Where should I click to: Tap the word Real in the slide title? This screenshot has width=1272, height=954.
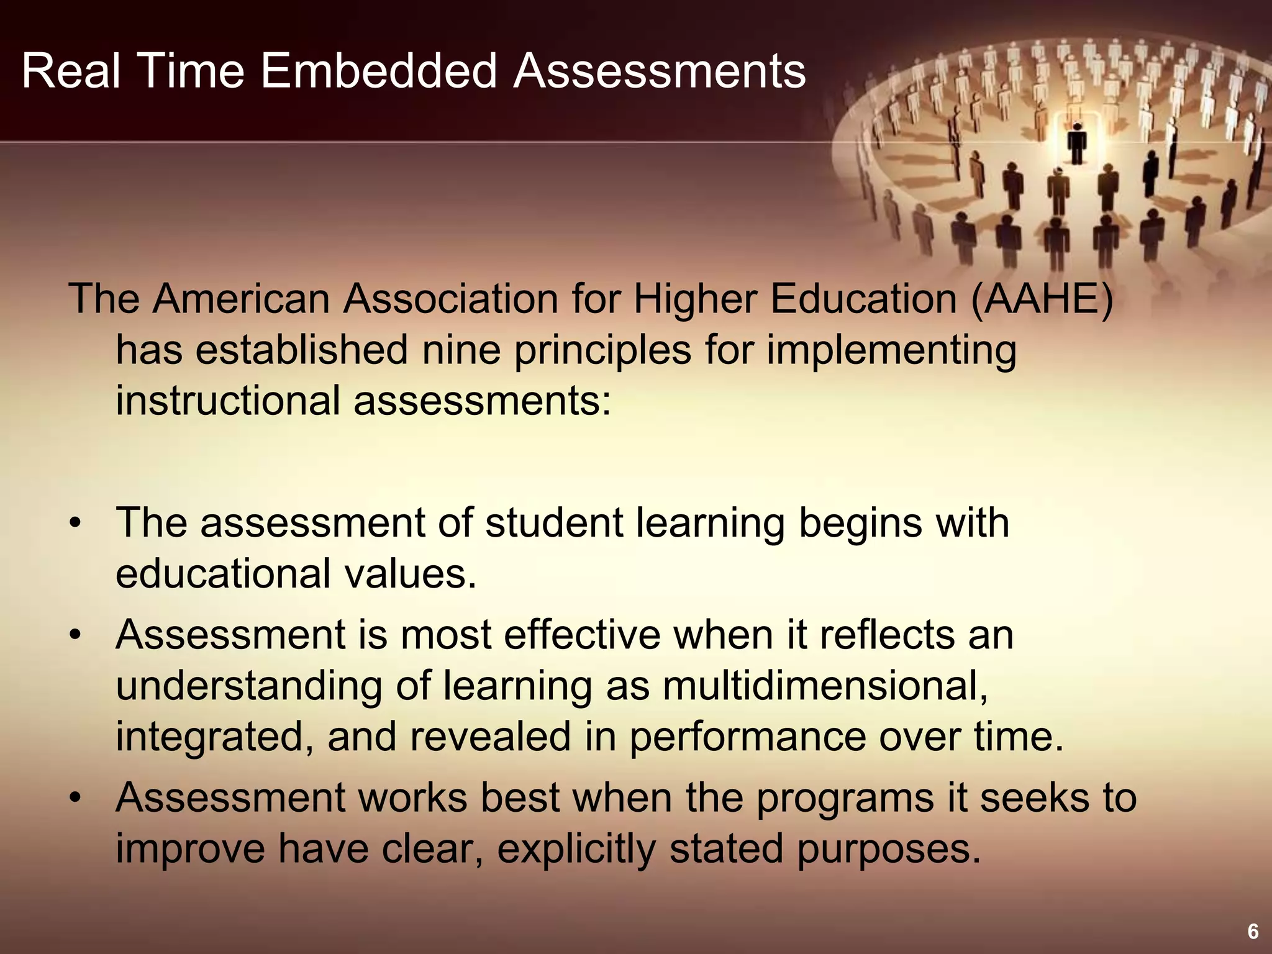click(70, 71)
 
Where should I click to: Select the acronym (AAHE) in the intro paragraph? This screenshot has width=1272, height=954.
click(1042, 299)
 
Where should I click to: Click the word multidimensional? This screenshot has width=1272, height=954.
click(825, 686)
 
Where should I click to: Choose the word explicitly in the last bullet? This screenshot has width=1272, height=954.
click(576, 849)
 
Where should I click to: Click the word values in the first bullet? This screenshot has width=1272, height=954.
click(411, 574)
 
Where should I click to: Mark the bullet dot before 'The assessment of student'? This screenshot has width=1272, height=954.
click(76, 524)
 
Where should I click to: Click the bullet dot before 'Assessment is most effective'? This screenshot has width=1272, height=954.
click(76, 636)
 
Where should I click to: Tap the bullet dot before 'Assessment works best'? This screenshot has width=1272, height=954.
click(76, 799)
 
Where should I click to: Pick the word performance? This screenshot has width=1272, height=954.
click(748, 737)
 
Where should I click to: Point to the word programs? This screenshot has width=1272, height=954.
click(845, 799)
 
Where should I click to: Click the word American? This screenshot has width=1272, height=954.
click(242, 299)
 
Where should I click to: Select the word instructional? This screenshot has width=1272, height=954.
click(228, 401)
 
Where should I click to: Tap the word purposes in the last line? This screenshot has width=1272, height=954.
click(888, 850)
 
